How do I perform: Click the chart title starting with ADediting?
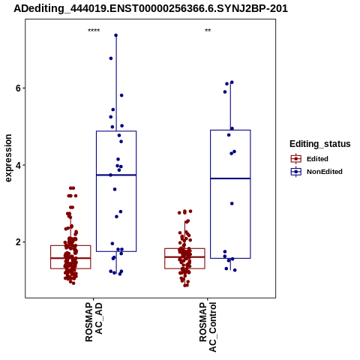(151, 9)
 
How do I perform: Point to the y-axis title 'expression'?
(8, 158)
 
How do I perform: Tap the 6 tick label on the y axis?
(18, 88)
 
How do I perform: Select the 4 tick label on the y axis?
(18, 165)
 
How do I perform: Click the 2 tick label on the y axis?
(18, 242)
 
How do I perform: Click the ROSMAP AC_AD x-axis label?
(94, 322)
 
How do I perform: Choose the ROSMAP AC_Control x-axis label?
(208, 327)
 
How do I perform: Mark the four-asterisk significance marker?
(94, 31)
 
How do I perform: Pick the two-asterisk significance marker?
(208, 31)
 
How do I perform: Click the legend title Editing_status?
(320, 144)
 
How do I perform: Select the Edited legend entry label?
(317, 159)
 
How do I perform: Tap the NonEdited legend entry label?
(325, 172)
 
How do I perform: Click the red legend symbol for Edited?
(296, 159)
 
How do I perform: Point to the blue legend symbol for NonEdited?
(296, 172)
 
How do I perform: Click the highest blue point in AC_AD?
(116, 35)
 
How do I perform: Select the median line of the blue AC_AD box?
(116, 175)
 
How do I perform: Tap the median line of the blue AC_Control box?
(230, 178)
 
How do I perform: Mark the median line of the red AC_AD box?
(70, 258)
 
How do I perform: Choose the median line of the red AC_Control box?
(184, 257)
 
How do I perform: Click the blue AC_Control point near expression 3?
(232, 203)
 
